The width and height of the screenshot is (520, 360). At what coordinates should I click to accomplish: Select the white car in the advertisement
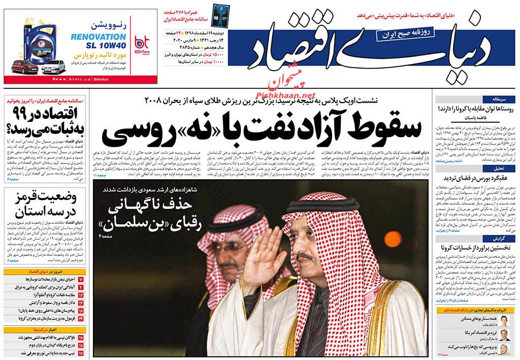point(53,66)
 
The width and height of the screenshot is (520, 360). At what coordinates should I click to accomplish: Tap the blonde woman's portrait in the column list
point(503,349)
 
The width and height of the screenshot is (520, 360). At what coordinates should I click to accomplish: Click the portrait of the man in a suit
point(503,334)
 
